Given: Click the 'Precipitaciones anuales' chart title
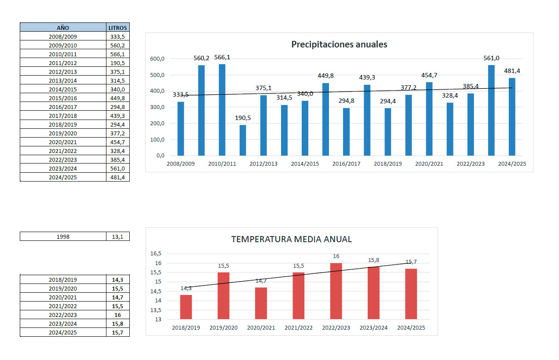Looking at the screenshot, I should click(339, 44).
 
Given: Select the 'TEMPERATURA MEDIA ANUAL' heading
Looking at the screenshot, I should click(291, 240).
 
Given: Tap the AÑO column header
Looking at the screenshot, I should click(63, 28).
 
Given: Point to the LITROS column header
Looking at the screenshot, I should click(117, 28).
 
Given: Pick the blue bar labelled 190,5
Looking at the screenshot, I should click(243, 140).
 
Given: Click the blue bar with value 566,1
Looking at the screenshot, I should click(222, 110).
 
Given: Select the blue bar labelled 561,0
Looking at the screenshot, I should click(491, 110).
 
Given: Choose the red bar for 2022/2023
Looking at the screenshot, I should click(336, 291).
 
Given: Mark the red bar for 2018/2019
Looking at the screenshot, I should click(186, 307).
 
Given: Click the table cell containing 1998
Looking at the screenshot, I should click(63, 236).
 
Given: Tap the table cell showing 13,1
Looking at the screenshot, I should click(117, 236).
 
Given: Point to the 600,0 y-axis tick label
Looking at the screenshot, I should click(157, 59).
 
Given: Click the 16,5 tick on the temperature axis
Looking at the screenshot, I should click(156, 254).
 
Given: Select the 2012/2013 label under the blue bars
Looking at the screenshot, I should click(264, 164).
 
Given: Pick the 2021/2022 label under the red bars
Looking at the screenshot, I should click(299, 328).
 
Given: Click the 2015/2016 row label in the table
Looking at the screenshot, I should click(63, 98).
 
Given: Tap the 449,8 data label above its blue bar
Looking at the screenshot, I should click(325, 76).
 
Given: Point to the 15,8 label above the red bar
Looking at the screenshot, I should click(373, 260).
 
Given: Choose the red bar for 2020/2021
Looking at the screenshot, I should click(261, 303).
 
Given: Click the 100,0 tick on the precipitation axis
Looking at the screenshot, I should click(157, 140).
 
